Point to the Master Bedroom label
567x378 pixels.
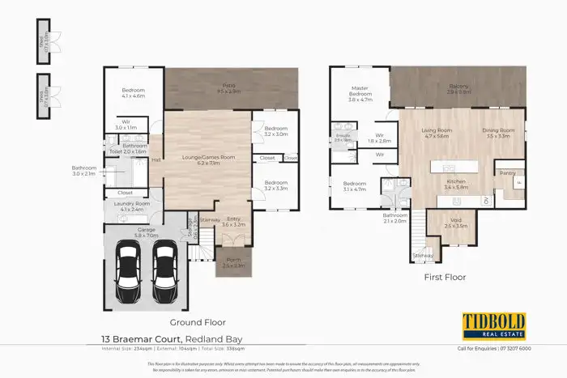coord(360,91)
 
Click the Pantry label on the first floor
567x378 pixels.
coord(508,172)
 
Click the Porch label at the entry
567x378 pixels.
coord(232,261)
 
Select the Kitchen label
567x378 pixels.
coord(456,182)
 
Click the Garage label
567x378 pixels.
coord(147,231)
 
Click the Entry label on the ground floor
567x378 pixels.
coord(232,219)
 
